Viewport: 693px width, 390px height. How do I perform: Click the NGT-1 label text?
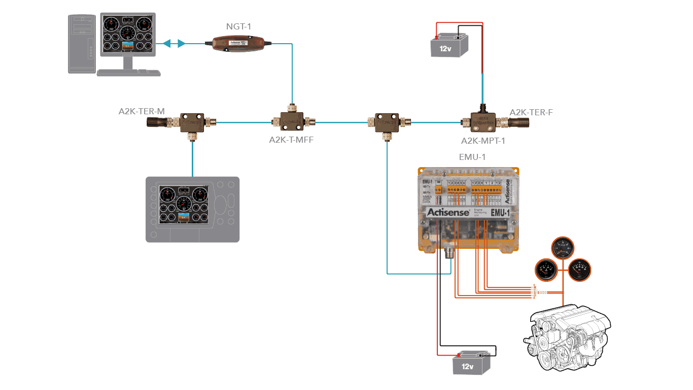click(238, 26)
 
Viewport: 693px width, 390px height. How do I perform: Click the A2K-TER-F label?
click(531, 112)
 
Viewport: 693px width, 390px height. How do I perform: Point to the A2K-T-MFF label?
click(291, 140)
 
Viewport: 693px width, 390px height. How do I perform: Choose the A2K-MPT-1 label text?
click(482, 141)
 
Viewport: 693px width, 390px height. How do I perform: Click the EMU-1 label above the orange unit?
click(472, 157)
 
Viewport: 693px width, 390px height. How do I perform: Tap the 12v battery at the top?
click(448, 46)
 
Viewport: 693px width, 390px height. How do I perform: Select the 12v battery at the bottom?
click(471, 363)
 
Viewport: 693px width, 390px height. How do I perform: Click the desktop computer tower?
click(82, 44)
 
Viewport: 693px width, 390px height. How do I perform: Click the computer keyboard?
click(128, 73)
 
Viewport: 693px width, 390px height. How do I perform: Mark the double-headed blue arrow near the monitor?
click(174, 44)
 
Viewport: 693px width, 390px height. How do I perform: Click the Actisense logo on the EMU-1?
click(448, 212)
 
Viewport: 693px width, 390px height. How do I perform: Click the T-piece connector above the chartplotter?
click(193, 122)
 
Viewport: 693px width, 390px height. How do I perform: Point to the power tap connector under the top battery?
click(481, 121)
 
